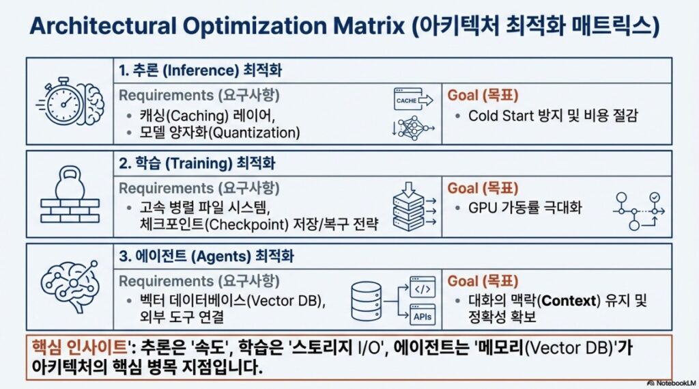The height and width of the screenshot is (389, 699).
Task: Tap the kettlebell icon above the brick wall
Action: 70,183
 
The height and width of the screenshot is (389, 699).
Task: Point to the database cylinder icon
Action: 367,301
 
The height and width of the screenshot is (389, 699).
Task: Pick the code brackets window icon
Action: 422,288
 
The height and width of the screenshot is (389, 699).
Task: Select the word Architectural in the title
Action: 102,26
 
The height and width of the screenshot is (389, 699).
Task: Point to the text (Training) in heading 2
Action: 199,163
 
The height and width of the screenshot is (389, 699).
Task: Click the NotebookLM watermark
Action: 671,384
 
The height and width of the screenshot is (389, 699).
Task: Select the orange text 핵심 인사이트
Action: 79,347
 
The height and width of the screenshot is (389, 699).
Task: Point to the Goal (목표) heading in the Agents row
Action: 483,281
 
